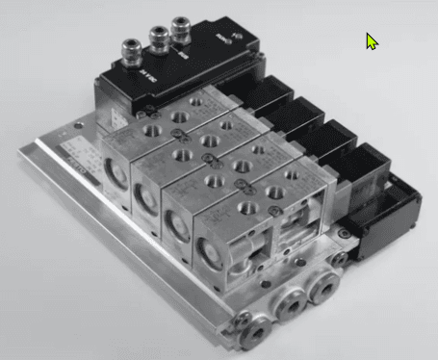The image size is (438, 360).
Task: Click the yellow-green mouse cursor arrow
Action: (x=372, y=40)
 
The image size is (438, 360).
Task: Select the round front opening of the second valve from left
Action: (x=146, y=201)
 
